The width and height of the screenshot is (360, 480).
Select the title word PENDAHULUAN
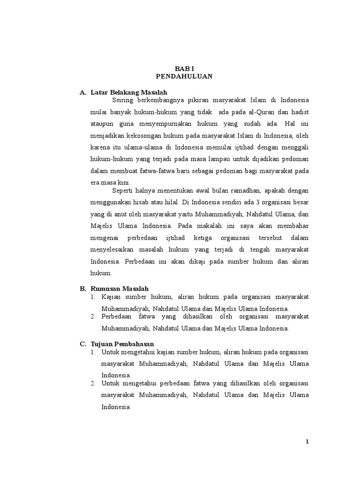pos(184,76)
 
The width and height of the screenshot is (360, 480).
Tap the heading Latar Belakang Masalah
pos(129,92)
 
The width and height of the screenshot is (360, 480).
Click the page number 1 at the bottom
pos(307,441)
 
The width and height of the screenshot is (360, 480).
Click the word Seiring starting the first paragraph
pos(123,100)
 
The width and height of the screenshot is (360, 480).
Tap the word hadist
pos(300,112)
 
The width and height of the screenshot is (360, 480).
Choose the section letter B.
pos(82,289)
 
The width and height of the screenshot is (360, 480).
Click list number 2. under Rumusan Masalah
pos(93,317)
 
